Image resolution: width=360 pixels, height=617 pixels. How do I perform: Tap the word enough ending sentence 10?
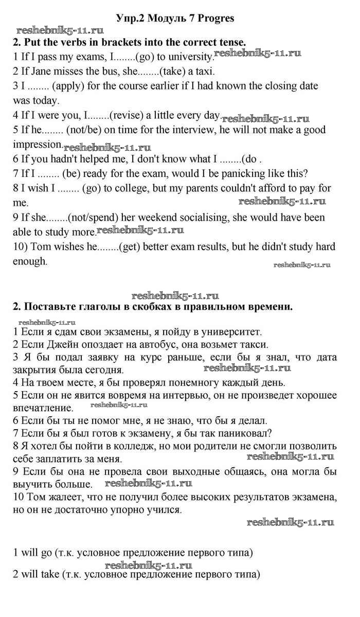tap(29, 261)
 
